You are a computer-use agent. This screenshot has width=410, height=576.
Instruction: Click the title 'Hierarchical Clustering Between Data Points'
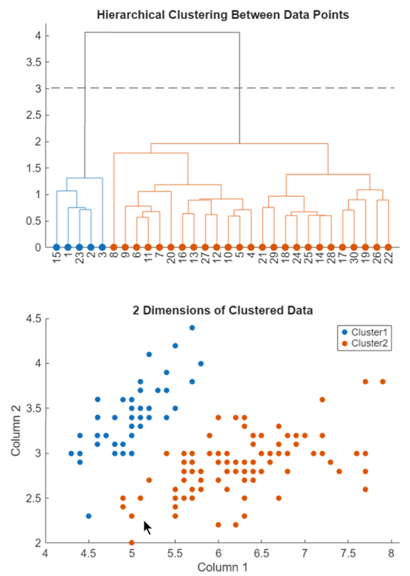coord(222,15)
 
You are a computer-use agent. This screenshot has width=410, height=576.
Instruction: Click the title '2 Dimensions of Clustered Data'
coord(222,310)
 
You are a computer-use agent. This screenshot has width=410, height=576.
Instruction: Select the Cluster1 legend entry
coord(367,332)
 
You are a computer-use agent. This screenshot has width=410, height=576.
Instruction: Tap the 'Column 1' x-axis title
coord(222,567)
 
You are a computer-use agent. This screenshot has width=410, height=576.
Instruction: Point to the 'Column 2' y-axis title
coord(16,431)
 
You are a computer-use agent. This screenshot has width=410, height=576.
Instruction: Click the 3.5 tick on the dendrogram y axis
coord(32,62)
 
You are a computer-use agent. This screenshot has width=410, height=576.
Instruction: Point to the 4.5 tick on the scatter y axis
coord(32,319)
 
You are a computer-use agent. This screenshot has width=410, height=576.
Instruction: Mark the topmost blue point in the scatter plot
coord(192,328)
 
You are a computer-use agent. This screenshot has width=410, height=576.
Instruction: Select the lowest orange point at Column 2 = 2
coord(131,542)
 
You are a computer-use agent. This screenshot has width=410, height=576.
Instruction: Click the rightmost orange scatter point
coord(383,382)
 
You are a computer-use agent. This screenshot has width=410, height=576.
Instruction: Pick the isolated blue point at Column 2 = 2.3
coord(88,515)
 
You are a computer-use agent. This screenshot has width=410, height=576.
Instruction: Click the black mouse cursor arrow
coord(147,526)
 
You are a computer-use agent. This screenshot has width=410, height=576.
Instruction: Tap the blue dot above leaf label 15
coord(57,247)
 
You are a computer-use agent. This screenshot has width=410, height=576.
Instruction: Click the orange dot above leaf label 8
coord(114,247)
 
